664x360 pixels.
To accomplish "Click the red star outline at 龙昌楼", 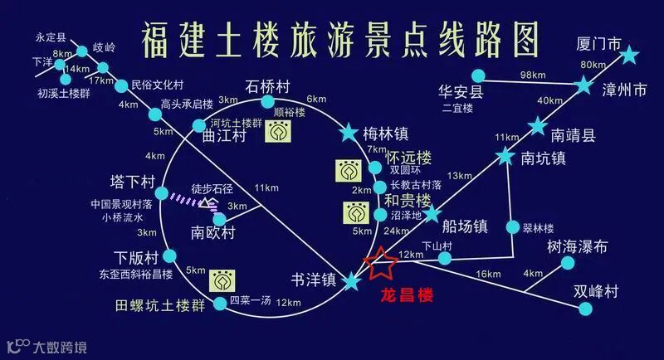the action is [x=383, y=265].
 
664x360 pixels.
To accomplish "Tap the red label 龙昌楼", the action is [x=406, y=294].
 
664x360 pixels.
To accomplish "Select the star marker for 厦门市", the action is [x=629, y=56].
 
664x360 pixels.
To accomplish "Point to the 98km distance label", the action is [x=531, y=75].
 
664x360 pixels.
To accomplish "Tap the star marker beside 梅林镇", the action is [x=348, y=133].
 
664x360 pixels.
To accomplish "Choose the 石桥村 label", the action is [x=267, y=85].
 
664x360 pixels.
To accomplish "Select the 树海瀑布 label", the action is [x=578, y=246].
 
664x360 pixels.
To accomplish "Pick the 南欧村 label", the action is [x=213, y=231].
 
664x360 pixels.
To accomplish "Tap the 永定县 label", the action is [x=51, y=37].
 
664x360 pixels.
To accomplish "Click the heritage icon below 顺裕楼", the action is [x=279, y=133].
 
